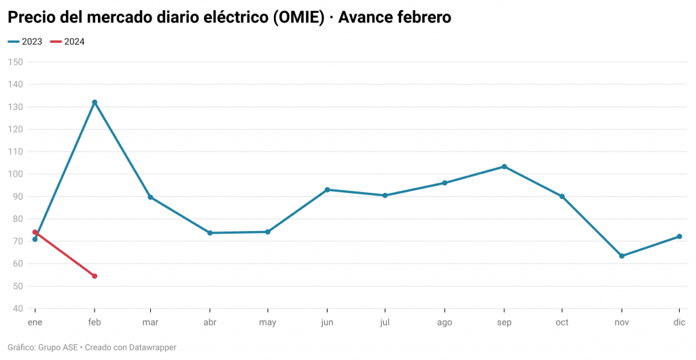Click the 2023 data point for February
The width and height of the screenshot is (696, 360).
pos(94,103)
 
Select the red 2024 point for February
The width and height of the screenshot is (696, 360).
pos(94,276)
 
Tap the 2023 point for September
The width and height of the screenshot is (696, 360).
pos(504,166)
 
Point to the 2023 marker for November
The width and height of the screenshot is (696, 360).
pos(622,256)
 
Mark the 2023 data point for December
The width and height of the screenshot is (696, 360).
pos(680,236)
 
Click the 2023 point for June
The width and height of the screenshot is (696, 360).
pos(327,190)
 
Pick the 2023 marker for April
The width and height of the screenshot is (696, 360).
pos(210,233)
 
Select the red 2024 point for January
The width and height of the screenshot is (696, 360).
pos(35,232)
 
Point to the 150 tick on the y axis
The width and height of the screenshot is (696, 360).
pos(15,62)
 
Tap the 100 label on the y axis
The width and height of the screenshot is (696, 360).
pos(15,174)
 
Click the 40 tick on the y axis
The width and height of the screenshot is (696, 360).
pos(17,308)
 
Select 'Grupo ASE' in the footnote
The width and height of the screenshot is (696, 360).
pos(57,347)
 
